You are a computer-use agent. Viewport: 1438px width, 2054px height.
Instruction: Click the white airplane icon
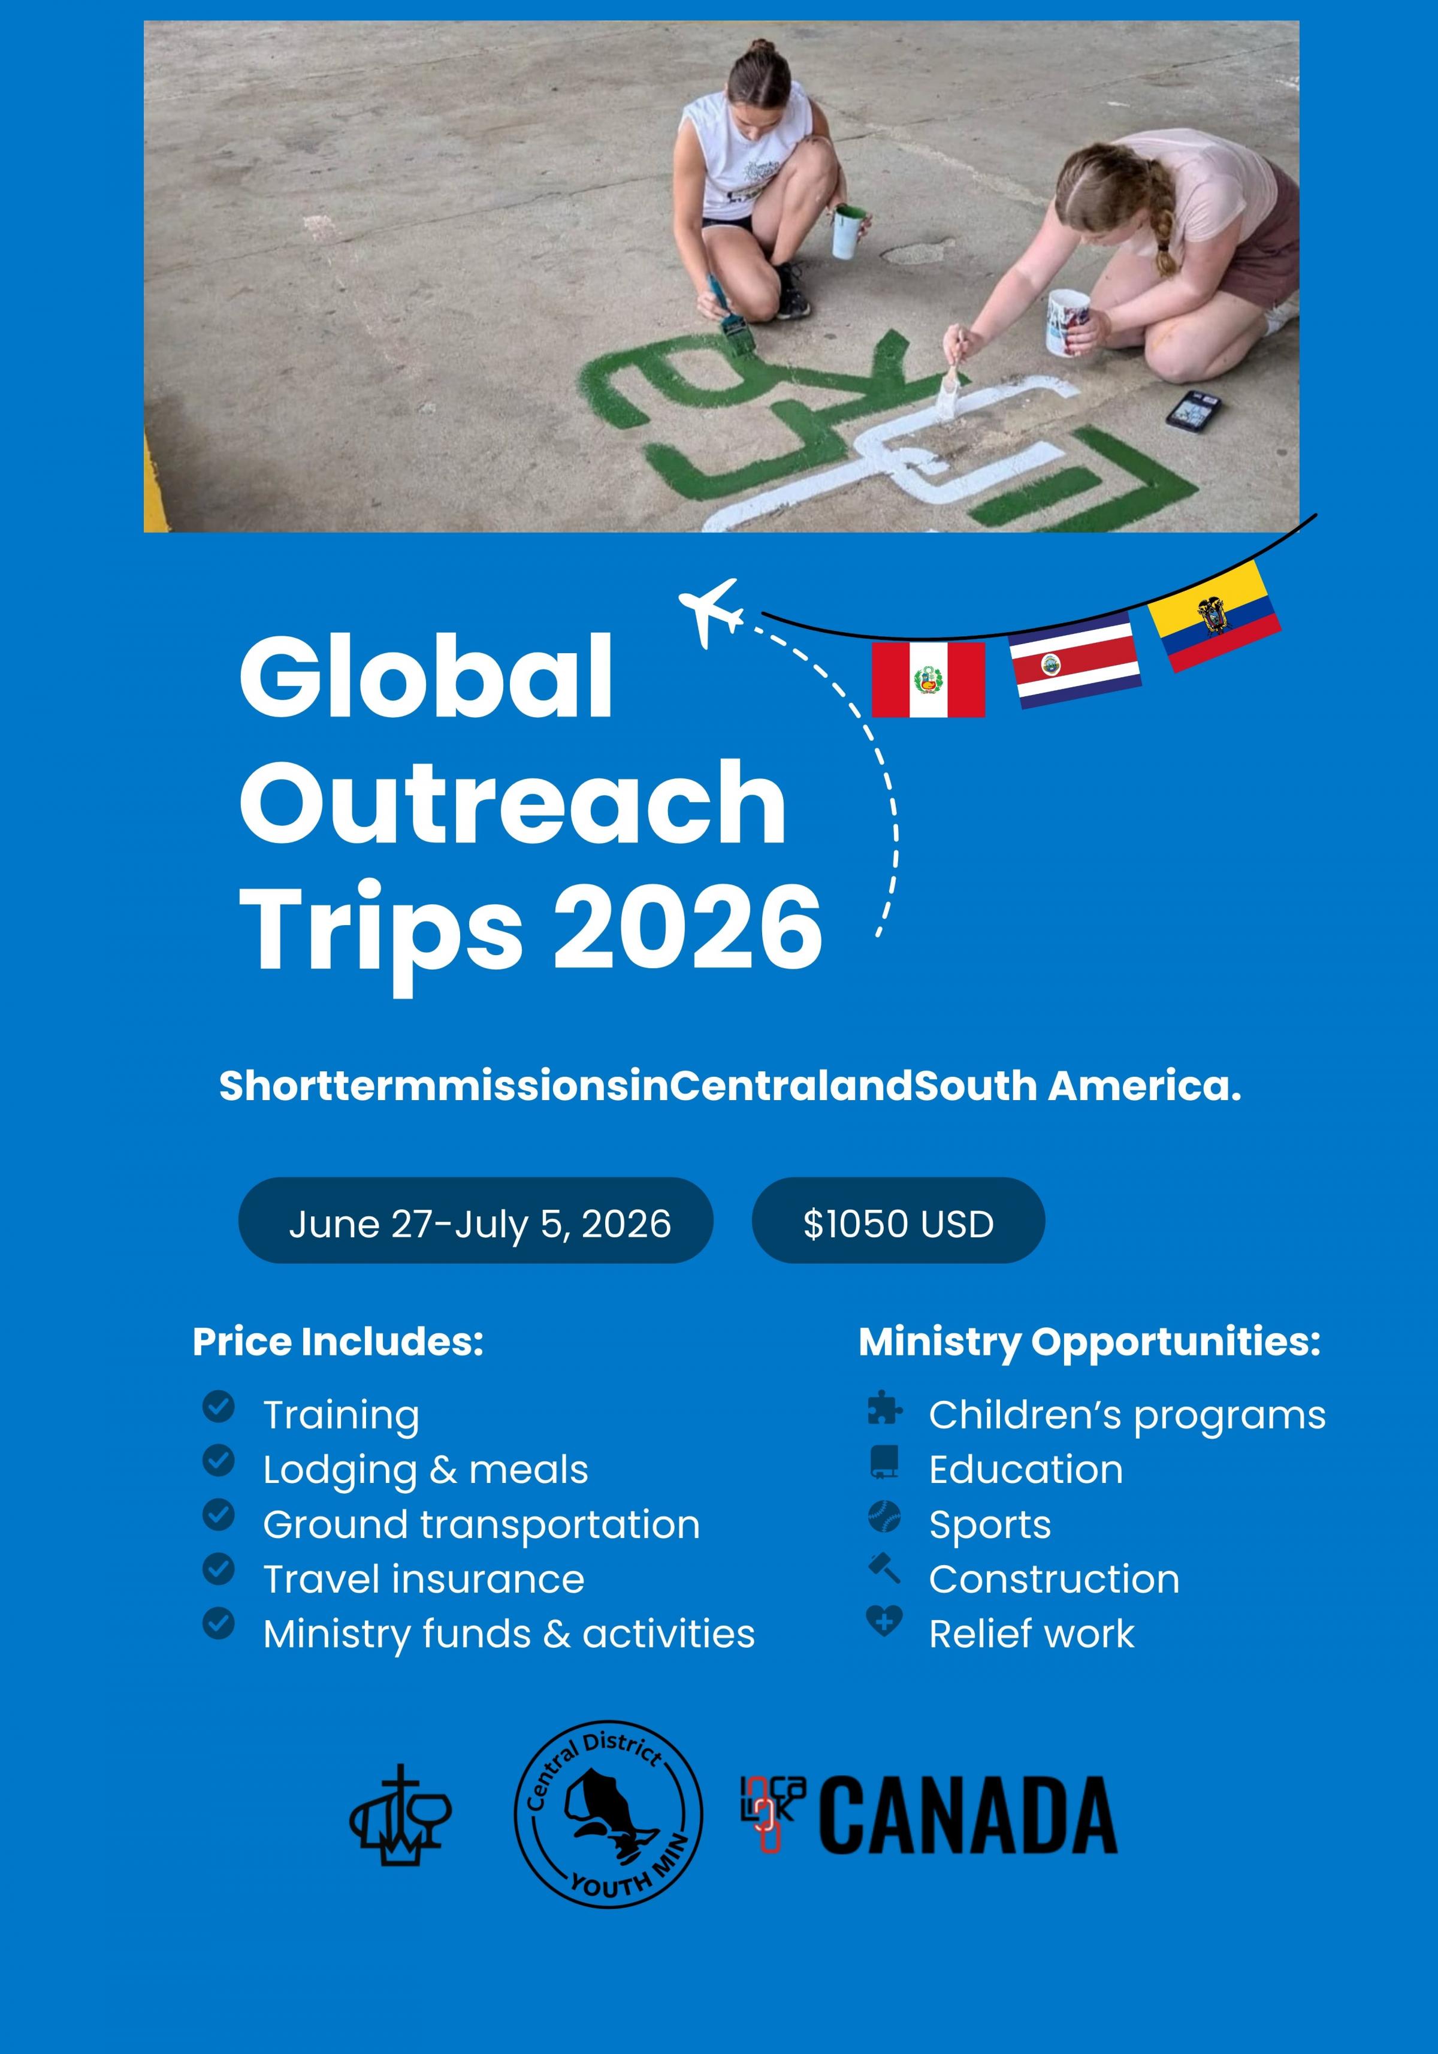(711, 612)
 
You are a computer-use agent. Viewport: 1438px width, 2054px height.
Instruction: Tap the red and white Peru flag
(928, 680)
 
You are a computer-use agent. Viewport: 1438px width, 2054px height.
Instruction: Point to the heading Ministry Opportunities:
(1089, 1343)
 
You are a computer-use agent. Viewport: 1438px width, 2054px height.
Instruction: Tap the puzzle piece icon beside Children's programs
(884, 1407)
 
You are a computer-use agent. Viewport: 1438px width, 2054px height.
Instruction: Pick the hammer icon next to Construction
(884, 1568)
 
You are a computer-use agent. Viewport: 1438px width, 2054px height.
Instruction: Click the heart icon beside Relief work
(884, 1621)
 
